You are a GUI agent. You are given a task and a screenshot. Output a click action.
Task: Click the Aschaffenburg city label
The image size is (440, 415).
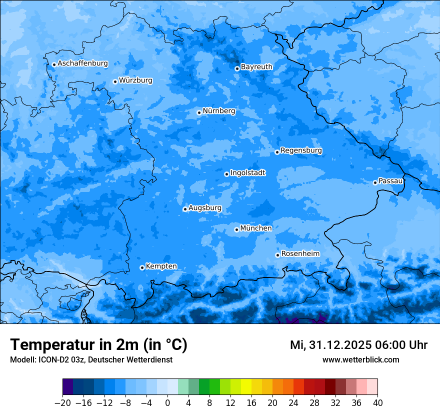coord(82,63)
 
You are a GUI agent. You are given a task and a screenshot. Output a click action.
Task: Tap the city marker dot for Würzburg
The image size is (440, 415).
coord(115,81)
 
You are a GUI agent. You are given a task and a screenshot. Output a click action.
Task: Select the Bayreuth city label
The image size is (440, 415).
coord(256,66)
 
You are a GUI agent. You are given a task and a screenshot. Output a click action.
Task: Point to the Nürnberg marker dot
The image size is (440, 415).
coord(199,112)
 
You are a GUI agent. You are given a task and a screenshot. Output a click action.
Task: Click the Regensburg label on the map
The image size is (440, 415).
coord(301,150)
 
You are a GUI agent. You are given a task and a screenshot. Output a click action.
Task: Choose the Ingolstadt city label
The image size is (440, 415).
coord(247,173)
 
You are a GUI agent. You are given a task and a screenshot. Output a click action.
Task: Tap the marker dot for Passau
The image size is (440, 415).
coord(375,182)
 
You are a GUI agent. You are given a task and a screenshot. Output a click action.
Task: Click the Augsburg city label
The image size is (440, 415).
coord(205,208)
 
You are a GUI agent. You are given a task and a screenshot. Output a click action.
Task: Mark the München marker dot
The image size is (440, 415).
coord(236,229)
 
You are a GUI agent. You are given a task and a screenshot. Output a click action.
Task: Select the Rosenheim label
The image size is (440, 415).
coord(300,254)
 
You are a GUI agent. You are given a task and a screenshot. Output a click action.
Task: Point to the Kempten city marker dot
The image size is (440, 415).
coord(142,267)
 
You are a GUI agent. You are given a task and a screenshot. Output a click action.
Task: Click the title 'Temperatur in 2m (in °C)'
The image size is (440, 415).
coord(98,344)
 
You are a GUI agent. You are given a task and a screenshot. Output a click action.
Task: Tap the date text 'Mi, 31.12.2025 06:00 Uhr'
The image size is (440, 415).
coord(358,345)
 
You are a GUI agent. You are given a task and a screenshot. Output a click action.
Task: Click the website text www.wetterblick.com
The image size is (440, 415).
coord(360,360)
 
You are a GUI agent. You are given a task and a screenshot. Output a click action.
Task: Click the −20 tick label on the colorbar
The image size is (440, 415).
coord(62,403)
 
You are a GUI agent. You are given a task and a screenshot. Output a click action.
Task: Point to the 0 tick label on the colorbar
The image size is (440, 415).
coord(167,403)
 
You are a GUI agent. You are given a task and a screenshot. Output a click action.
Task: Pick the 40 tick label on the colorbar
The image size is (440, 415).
coord(377,403)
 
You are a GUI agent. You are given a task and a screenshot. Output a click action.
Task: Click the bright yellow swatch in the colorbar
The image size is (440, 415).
coord(246,387)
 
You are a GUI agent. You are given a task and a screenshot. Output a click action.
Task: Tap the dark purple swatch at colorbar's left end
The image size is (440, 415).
coord(68,387)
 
